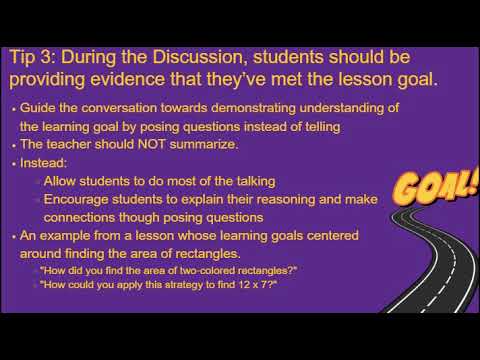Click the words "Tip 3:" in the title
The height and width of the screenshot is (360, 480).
(x=35, y=57)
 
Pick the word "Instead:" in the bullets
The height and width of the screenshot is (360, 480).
(x=43, y=162)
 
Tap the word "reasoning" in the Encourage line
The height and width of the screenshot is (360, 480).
(x=287, y=199)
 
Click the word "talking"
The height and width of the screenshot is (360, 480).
(x=249, y=181)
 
